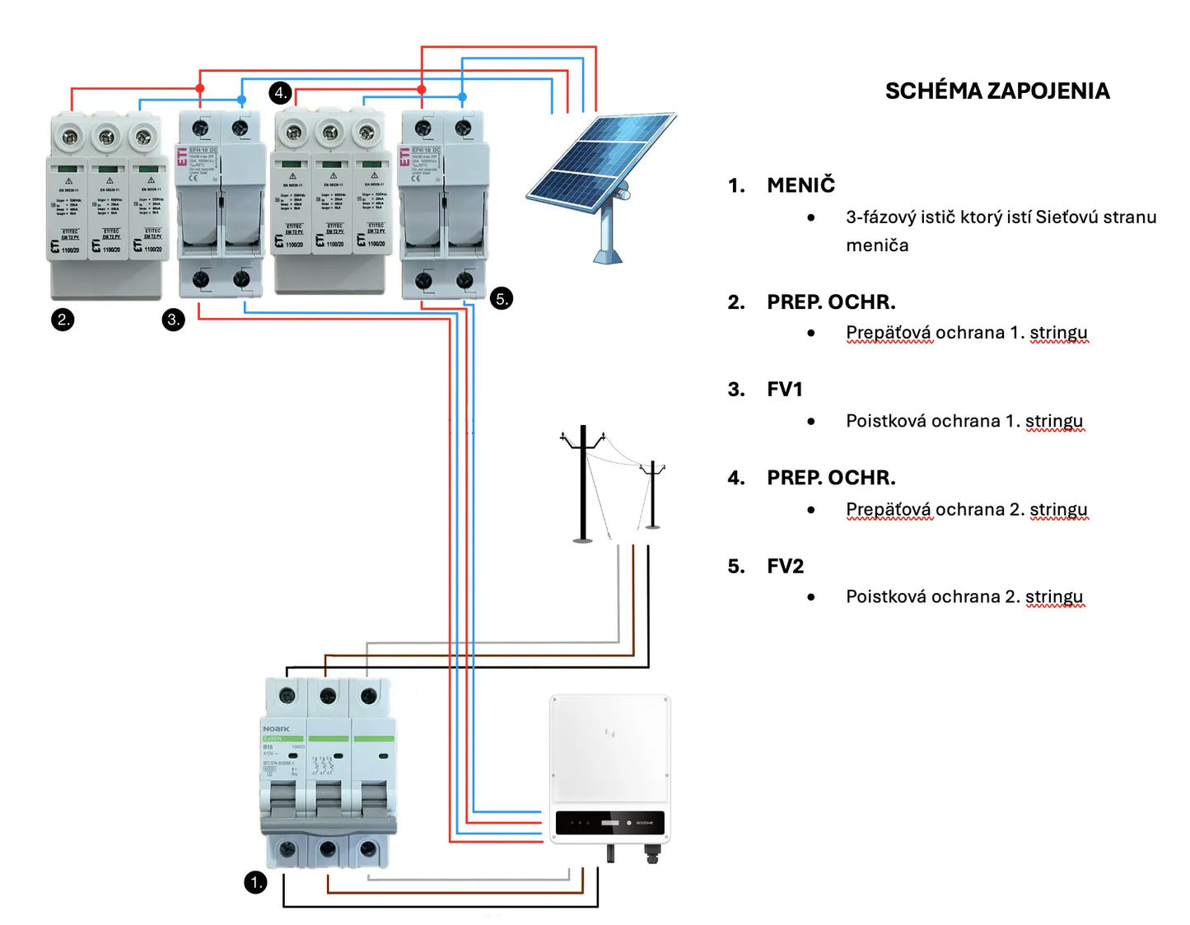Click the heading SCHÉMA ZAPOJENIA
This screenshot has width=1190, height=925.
coord(996,91)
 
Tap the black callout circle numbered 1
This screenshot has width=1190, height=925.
coord(255,883)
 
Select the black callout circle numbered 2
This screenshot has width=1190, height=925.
coord(63,320)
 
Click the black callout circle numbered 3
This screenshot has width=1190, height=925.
coord(173,320)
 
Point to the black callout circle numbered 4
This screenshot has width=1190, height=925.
coord(280,92)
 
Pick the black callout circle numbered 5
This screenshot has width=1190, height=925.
coord(502,299)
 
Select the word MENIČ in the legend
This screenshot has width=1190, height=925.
coord(800,185)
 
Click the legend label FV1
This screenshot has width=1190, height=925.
coord(784,390)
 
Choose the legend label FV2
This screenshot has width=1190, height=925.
coord(785,567)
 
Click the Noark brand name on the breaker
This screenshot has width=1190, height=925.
coord(276,729)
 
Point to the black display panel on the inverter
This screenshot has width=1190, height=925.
coord(609,823)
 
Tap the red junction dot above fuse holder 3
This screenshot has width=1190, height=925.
coord(200,88)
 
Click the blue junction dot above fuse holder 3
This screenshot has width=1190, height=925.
coord(241,100)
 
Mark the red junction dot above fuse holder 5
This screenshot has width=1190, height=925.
coord(422,89)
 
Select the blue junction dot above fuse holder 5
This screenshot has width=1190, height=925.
coord(462,97)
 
